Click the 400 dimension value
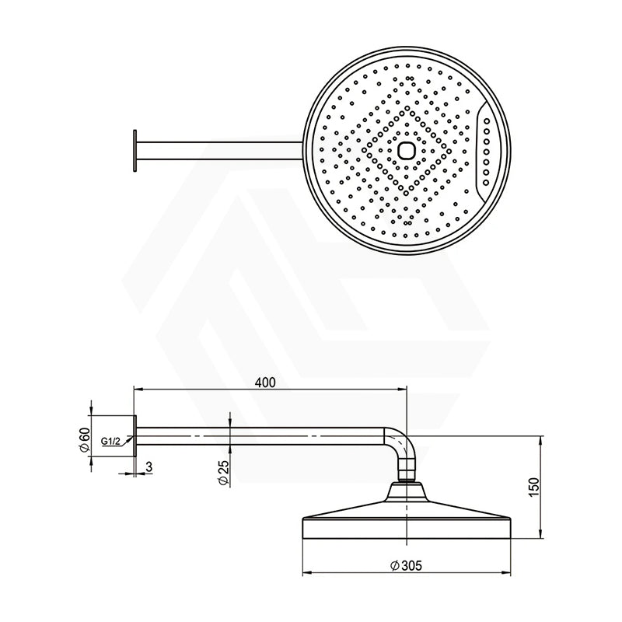click(265, 383)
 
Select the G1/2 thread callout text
click(110, 442)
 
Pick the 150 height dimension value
click(533, 487)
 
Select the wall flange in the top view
click(135, 149)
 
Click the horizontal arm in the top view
click(218, 149)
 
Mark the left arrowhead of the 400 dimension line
click(139, 389)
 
